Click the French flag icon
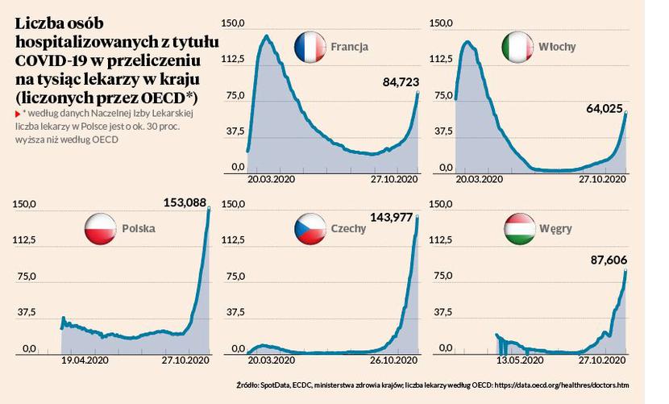coord(310,46)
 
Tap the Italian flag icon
coord(517,46)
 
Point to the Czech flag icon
coord(309,227)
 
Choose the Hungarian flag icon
coord(517,229)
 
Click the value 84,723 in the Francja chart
coord(395,81)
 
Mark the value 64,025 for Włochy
coord(604,101)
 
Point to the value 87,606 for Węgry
coord(604,260)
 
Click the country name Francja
coord(350,47)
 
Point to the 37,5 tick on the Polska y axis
coord(24,313)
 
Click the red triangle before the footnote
coord(18,115)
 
